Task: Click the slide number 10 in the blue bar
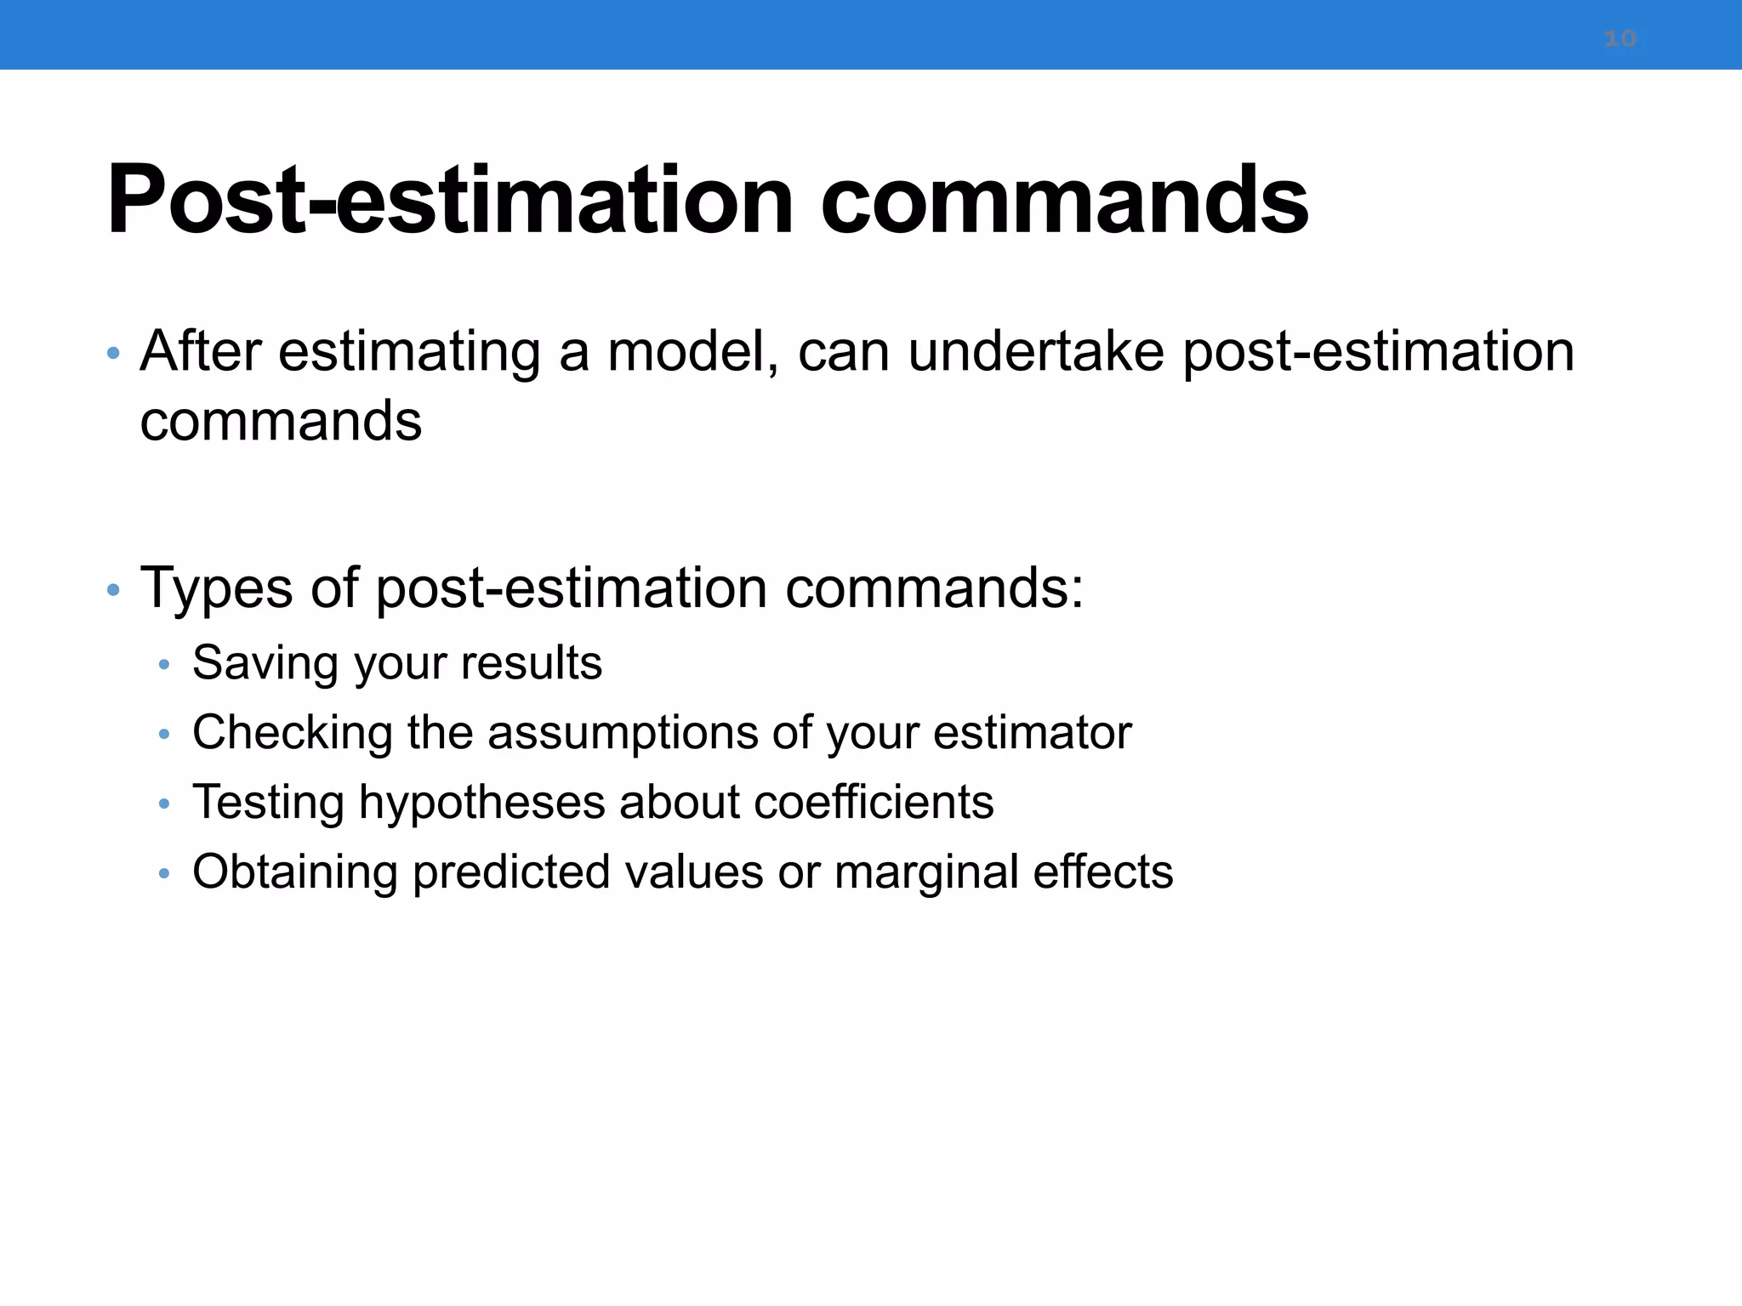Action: pos(1620,38)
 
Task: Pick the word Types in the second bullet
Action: pos(216,588)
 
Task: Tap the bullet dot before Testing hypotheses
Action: pos(164,803)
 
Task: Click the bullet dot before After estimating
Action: pos(113,353)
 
